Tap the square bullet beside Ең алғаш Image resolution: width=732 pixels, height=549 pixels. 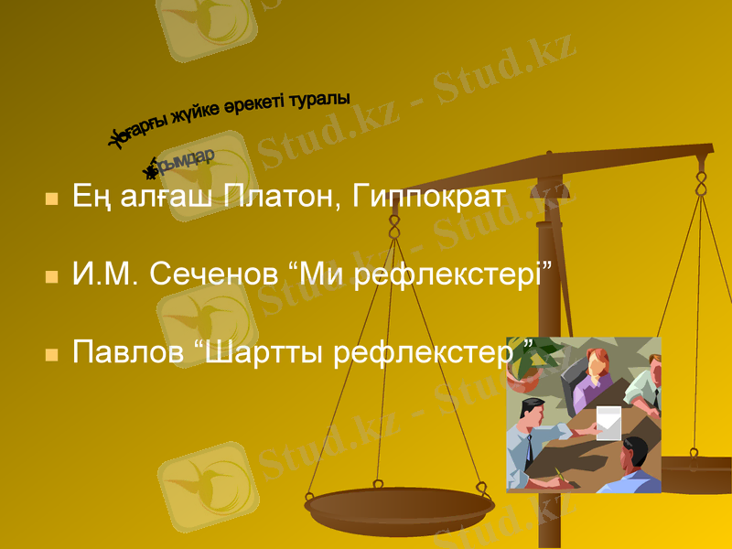(x=52, y=199)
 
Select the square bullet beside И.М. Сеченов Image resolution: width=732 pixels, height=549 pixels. (x=52, y=274)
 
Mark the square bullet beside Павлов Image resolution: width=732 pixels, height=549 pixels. (x=52, y=352)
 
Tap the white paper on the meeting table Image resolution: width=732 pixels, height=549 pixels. (x=608, y=422)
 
